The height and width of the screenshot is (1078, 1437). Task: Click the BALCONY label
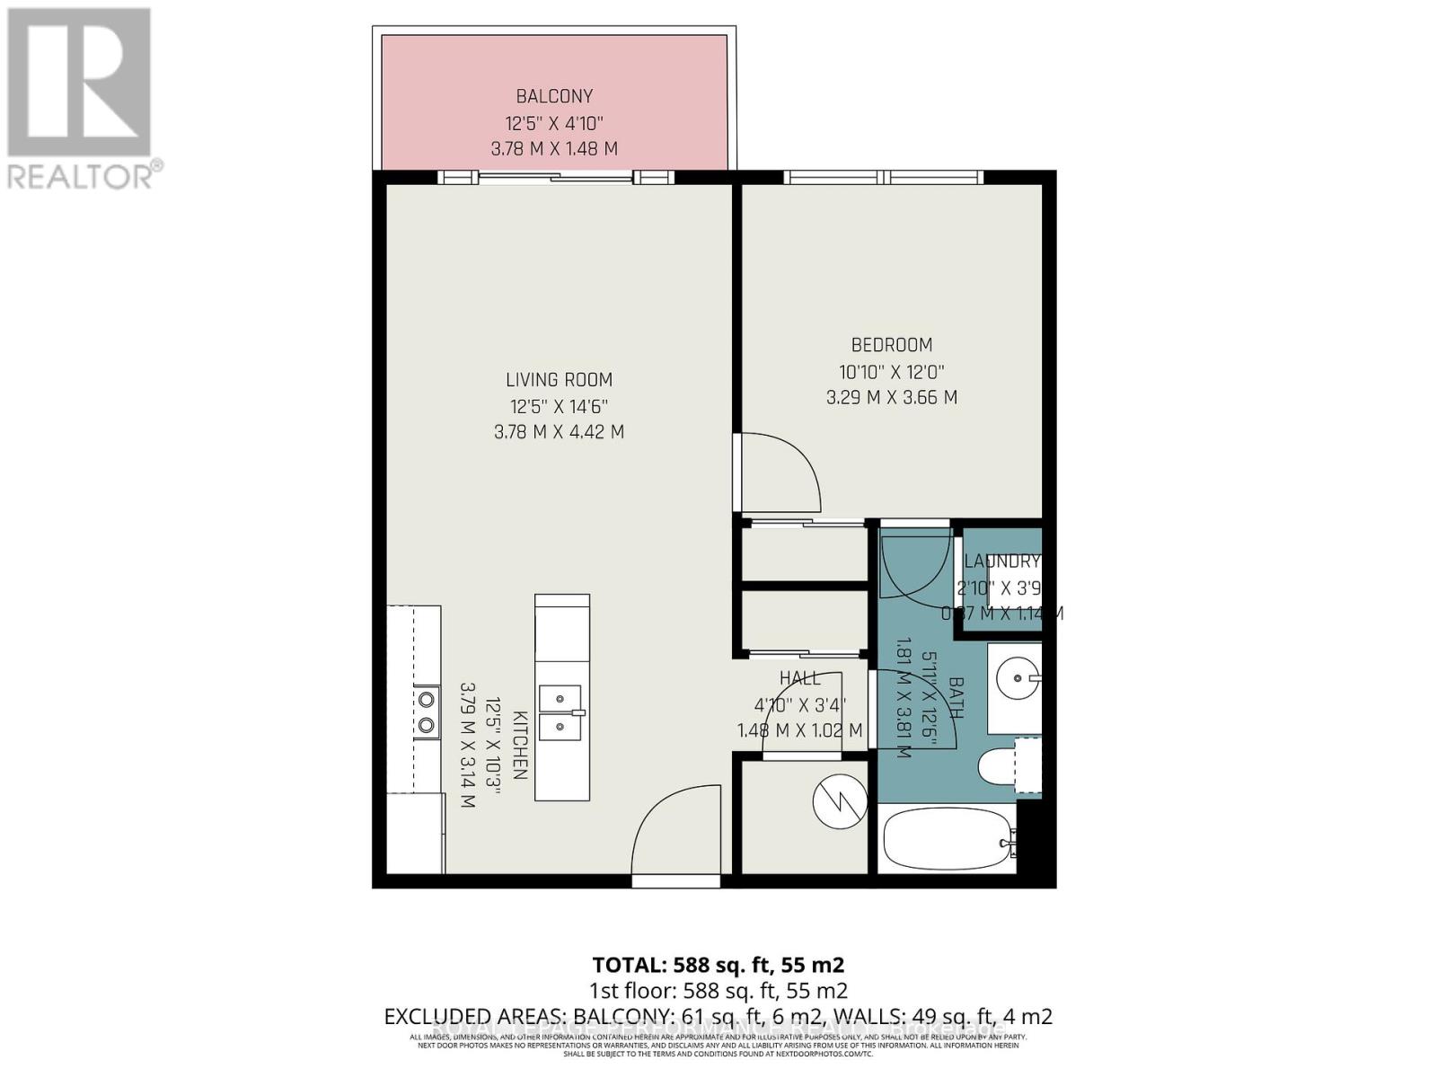tap(554, 96)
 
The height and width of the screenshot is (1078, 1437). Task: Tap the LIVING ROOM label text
tap(559, 380)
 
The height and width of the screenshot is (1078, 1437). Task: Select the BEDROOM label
tap(891, 345)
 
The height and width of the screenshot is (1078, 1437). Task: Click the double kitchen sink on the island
tap(561, 711)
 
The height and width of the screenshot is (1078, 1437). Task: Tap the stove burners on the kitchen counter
tap(426, 711)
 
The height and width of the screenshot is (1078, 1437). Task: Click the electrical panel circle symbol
tap(839, 802)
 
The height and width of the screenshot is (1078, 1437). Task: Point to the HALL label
tap(799, 678)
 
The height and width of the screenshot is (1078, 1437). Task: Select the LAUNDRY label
tap(1001, 561)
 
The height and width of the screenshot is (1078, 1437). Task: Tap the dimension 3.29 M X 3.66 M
tap(891, 397)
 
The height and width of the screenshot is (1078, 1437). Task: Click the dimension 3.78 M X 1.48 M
tap(554, 149)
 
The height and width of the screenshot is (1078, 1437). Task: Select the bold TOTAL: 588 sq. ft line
tap(718, 966)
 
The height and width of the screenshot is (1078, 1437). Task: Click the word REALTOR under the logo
tap(81, 176)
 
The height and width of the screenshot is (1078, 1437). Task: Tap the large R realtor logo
tap(79, 81)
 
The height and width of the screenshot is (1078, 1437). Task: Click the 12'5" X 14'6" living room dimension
tap(559, 406)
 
